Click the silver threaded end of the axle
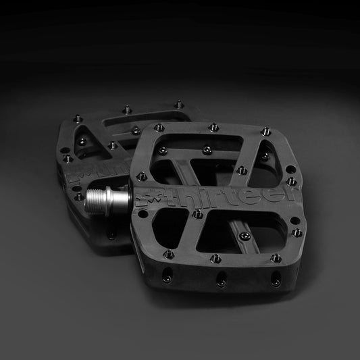coord(99,198)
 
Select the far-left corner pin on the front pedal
coord(159,127)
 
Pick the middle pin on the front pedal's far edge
coord(213,126)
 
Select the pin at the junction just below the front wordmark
coord(197,215)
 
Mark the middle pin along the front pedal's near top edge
coord(215,258)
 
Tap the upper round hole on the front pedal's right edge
coord(290,168)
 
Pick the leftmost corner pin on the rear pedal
coord(67,159)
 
